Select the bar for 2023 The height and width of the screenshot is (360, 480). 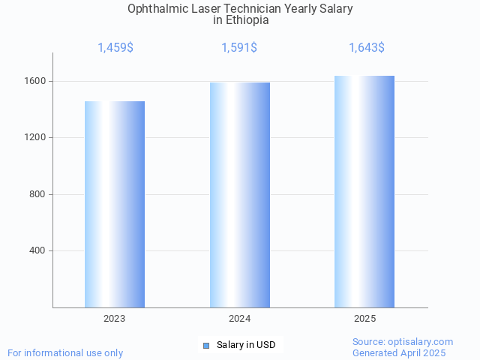tap(115, 204)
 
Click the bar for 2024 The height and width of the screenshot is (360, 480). tap(240, 195)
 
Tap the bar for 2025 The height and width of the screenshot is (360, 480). tap(364, 191)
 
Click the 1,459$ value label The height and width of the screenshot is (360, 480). tap(115, 48)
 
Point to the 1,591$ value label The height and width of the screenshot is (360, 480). tap(239, 48)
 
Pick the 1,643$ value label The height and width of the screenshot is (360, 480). tap(367, 48)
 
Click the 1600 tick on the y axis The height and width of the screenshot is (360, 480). tap(38, 81)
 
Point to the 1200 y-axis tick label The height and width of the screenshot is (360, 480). tap(38, 138)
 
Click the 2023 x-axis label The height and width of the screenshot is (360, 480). tap(115, 319)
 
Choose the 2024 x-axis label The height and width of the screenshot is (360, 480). tap(240, 319)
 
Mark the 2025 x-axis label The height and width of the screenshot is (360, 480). tap(364, 319)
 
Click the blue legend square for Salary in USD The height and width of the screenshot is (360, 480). tap(206, 345)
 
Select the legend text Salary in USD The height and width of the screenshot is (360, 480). tap(246, 345)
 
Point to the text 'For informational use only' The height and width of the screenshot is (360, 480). tap(65, 352)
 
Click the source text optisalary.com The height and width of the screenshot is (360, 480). tap(424, 341)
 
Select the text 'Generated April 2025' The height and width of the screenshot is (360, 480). tap(399, 352)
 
